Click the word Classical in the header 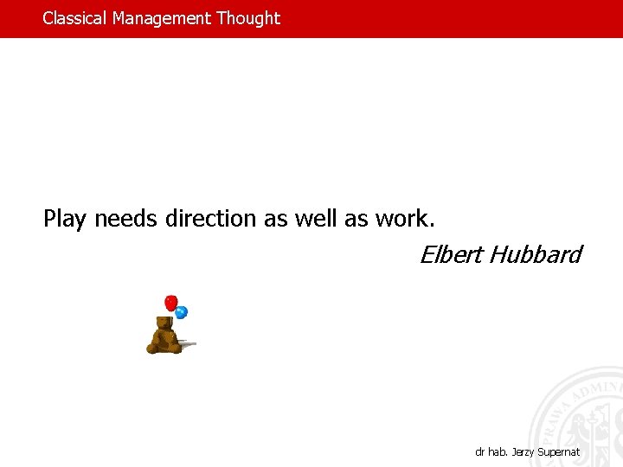tap(75, 18)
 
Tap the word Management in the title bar tap(162, 18)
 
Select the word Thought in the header tap(248, 18)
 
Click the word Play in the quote tap(65, 219)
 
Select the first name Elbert tap(451, 255)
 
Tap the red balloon tap(171, 303)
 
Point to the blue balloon tap(182, 312)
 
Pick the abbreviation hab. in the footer tap(498, 452)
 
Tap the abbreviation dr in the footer tap(480, 452)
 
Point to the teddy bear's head tap(162, 323)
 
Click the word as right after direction tap(276, 219)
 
